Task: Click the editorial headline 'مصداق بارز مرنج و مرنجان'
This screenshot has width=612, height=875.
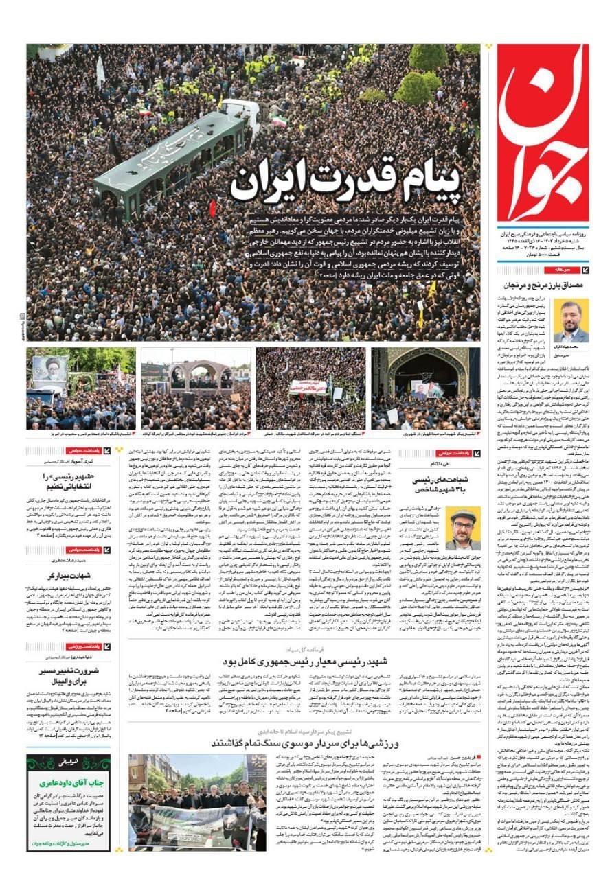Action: click(x=536, y=284)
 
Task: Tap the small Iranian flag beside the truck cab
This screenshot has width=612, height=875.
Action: click(x=279, y=121)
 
